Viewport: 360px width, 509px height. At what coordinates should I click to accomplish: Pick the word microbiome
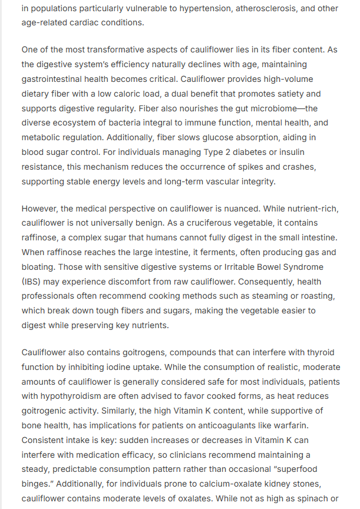click(276, 108)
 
